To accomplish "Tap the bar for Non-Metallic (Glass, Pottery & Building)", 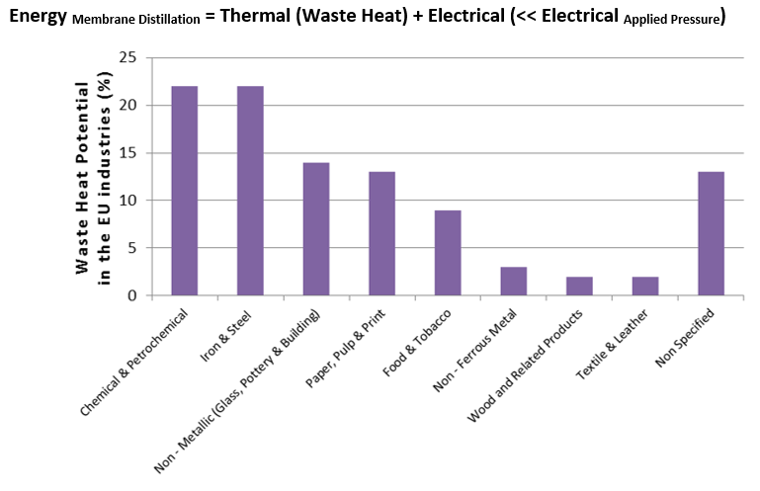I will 316,228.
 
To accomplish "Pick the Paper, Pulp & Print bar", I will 381,233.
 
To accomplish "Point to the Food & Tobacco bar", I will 448,252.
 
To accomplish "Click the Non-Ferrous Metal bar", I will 513,281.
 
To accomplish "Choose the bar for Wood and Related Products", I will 579,286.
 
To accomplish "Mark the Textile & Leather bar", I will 644,286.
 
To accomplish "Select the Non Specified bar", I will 711,233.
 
